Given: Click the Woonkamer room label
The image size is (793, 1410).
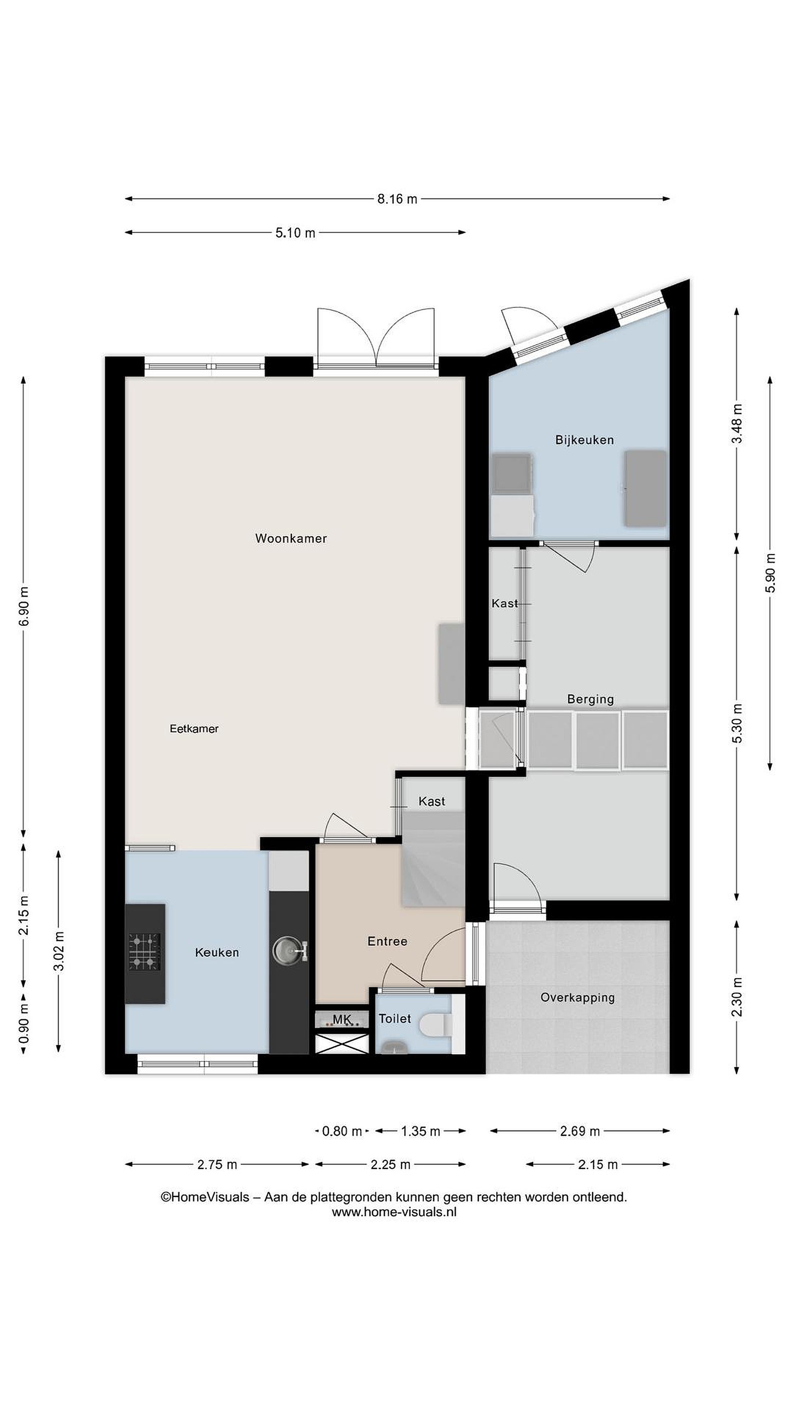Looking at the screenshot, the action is click(291, 538).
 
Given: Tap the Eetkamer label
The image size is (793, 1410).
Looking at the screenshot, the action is click(194, 728).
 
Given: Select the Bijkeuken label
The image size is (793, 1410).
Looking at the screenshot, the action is click(584, 440).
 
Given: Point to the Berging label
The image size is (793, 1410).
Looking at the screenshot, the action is click(590, 699).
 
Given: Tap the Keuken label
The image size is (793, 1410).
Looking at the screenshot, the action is click(217, 952).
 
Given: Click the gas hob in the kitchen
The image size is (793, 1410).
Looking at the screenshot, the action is click(144, 952).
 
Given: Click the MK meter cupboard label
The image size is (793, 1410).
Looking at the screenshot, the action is click(342, 1019).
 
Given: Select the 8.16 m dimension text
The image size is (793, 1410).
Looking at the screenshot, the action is click(397, 199).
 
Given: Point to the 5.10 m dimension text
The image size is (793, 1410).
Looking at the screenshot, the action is click(295, 233).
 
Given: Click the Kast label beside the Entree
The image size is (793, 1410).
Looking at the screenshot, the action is click(432, 801).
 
